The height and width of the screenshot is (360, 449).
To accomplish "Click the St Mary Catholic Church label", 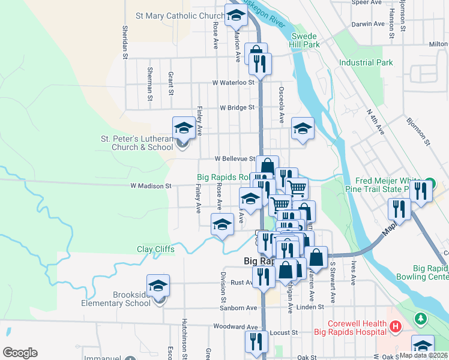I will tap(180, 16).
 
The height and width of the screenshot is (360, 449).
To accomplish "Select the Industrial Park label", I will tap(366, 62).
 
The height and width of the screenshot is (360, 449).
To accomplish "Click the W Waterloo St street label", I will tap(234, 82).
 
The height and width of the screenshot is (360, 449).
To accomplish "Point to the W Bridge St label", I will tap(237, 108).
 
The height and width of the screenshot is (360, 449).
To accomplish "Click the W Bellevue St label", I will tap(236, 158).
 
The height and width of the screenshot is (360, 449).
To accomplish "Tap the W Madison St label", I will tap(151, 186).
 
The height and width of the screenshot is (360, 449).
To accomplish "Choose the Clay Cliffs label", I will tap(155, 249).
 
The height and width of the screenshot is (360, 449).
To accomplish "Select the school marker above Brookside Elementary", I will tap(158, 285).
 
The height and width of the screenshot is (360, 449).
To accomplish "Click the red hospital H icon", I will tap(395, 327).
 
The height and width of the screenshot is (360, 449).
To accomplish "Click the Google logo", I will tap(20, 353).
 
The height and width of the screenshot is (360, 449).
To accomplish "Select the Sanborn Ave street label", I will tap(226, 308).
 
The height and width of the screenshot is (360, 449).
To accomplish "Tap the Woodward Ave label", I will tap(235, 327).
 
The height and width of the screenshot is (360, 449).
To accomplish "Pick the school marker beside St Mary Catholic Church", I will tap(237, 15).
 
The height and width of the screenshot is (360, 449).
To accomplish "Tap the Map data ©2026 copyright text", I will tap(423, 355).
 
